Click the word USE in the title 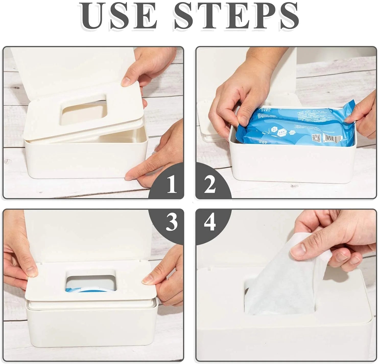pos(119,16)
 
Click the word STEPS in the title pos(236,16)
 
